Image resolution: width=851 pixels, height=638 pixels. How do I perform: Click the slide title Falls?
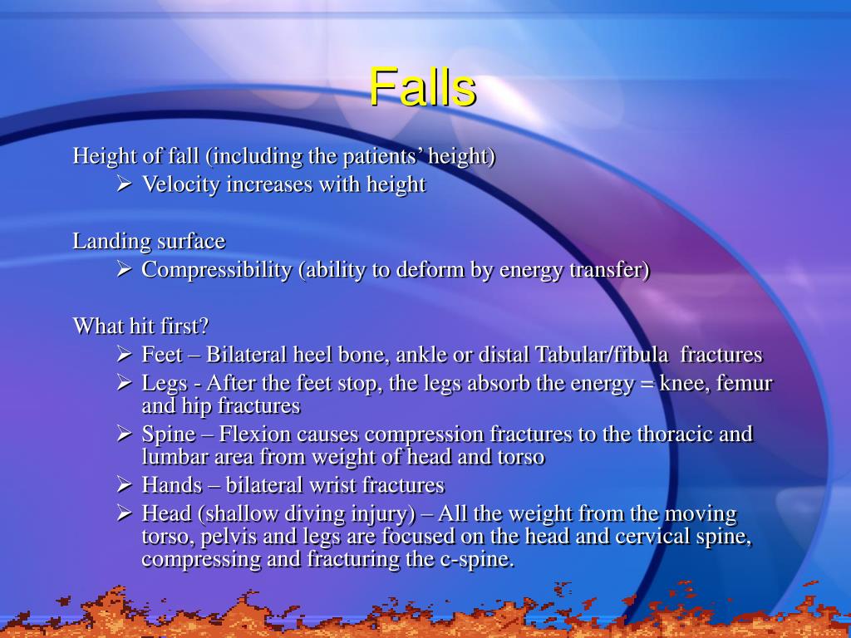pyautogui.click(x=422, y=87)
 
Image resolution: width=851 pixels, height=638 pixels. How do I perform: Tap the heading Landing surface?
pyautogui.click(x=149, y=242)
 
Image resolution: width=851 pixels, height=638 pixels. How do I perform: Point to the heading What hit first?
pyautogui.click(x=140, y=326)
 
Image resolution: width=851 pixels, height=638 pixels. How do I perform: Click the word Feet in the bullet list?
pyautogui.click(x=162, y=356)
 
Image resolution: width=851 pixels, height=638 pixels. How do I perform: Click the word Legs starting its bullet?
pyautogui.click(x=165, y=384)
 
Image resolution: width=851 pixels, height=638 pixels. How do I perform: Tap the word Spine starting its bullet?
pyautogui.click(x=169, y=434)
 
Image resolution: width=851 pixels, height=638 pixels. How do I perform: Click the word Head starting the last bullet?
pyautogui.click(x=166, y=514)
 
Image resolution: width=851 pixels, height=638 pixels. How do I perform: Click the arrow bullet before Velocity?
pyautogui.click(x=124, y=184)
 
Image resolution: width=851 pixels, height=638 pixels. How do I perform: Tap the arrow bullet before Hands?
pyautogui.click(x=124, y=485)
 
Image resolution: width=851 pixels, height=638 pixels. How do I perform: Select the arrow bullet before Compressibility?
pyautogui.click(x=124, y=270)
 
